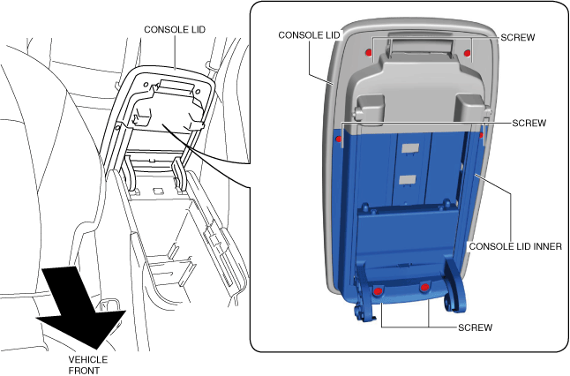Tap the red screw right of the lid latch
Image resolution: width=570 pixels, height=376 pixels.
[468, 53]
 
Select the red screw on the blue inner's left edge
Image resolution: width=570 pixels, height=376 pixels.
[339, 138]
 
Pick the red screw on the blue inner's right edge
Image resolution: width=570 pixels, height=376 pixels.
[481, 137]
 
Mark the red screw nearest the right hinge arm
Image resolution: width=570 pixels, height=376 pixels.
[424, 288]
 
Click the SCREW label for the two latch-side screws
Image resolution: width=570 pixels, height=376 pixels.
[517, 38]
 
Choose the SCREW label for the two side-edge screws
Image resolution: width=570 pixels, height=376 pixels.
[529, 123]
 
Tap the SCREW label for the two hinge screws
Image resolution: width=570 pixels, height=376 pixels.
[475, 327]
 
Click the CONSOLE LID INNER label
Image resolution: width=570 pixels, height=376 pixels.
[515, 246]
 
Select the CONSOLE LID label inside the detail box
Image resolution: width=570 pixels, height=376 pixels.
[308, 35]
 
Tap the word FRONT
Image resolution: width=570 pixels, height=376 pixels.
[85, 371]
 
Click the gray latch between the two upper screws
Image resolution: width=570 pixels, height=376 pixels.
[418, 44]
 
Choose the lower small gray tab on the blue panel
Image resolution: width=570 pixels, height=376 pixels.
[407, 180]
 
